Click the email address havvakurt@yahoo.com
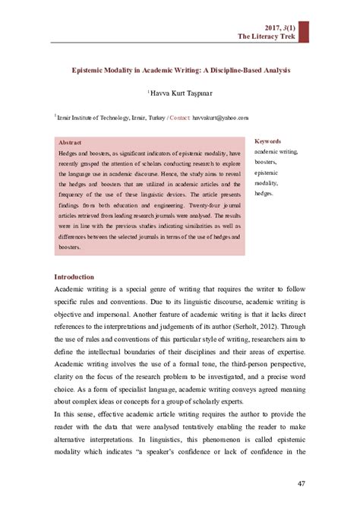pos(220,119)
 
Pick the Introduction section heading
pos(74,277)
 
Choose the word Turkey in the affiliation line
pos(153,119)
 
